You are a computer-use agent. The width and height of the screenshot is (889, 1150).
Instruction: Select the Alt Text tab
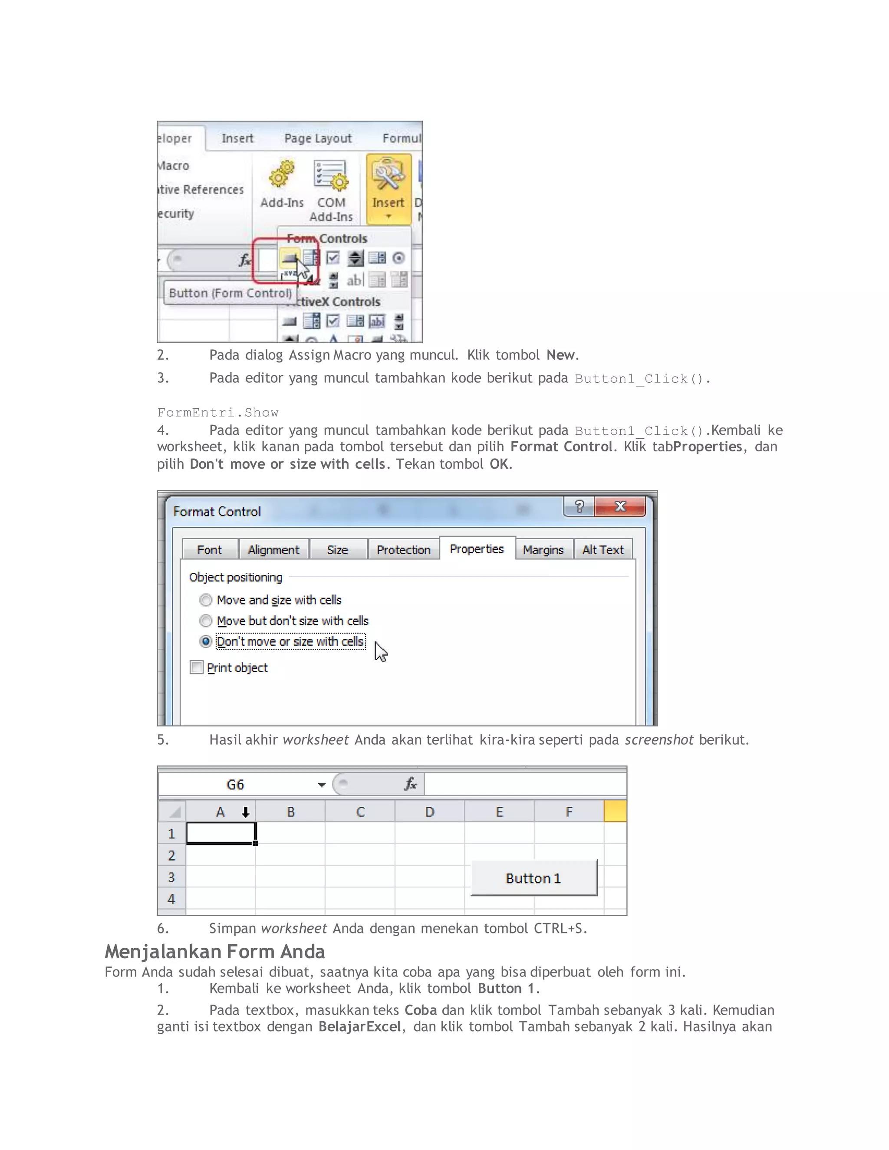tap(603, 550)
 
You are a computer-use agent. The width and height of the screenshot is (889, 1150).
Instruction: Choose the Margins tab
tap(543, 550)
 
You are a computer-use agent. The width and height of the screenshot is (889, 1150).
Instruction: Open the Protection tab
tap(403, 550)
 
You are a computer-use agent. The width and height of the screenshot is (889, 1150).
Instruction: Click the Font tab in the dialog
tap(210, 550)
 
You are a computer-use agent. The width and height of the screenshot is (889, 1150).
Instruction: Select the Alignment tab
tap(273, 550)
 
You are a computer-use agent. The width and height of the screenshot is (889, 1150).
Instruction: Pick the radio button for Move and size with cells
tap(206, 600)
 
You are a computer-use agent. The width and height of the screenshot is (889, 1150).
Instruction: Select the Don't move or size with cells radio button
tap(206, 641)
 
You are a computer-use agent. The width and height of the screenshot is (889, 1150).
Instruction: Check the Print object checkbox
tap(197, 667)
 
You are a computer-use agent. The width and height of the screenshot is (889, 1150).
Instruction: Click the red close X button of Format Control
tap(620, 506)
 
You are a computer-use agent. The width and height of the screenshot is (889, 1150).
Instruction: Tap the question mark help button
tap(579, 506)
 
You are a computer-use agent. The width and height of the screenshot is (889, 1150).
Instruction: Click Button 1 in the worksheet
tap(533, 878)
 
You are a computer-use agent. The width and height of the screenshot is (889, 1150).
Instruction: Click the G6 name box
tap(235, 785)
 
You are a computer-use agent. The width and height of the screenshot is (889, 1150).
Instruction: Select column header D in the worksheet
tap(430, 812)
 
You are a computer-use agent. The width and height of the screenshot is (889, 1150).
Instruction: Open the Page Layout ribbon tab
tap(318, 138)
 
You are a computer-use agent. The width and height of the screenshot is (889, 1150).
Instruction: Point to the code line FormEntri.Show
tap(217, 412)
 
